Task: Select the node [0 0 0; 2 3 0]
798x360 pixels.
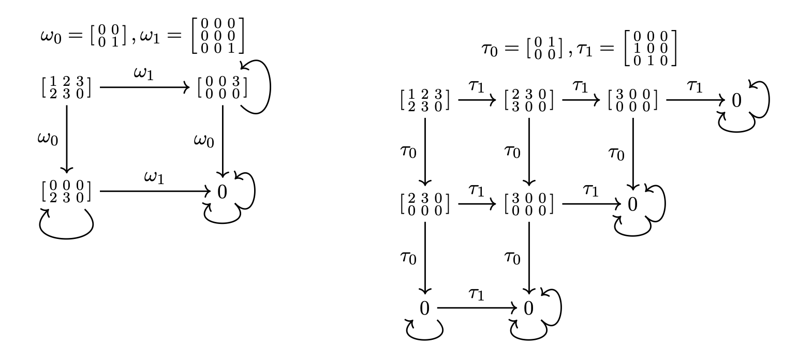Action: (66, 191)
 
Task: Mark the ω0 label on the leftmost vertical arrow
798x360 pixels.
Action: (47, 140)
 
